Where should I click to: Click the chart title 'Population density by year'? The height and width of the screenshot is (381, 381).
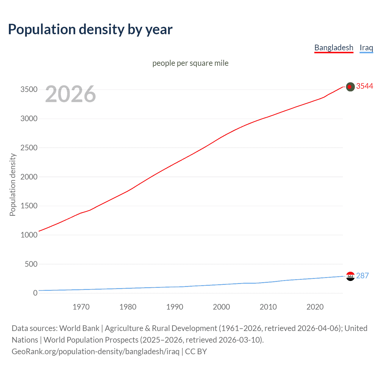click(x=90, y=29)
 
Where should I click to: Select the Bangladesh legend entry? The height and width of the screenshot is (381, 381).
click(x=334, y=48)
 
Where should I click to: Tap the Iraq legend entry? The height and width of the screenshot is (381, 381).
click(x=366, y=48)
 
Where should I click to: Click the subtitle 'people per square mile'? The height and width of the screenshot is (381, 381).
click(x=190, y=63)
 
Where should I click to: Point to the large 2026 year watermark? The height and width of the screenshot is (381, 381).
click(x=71, y=94)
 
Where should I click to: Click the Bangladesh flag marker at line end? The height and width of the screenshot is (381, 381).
click(x=350, y=87)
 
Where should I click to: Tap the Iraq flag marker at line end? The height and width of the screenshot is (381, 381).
click(x=350, y=276)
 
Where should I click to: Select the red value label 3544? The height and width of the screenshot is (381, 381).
click(x=364, y=86)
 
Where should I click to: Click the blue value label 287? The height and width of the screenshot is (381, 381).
click(x=362, y=276)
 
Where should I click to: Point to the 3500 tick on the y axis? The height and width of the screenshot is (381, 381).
click(x=29, y=90)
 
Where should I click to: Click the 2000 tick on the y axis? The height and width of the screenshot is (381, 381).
click(x=29, y=177)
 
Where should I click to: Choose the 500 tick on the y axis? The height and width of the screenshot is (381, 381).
click(x=31, y=264)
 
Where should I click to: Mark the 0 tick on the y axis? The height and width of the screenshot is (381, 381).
click(x=35, y=293)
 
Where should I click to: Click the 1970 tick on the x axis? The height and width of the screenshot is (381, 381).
click(x=81, y=307)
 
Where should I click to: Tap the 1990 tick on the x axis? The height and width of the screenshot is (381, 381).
click(x=175, y=307)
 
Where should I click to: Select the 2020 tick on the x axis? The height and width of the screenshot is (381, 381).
click(x=315, y=307)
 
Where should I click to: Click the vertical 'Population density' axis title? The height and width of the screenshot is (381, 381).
click(x=13, y=185)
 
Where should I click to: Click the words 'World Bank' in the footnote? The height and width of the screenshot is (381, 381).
click(x=79, y=328)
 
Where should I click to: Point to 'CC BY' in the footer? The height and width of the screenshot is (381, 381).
click(x=196, y=352)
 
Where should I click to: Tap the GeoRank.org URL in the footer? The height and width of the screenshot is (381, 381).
click(x=95, y=352)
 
